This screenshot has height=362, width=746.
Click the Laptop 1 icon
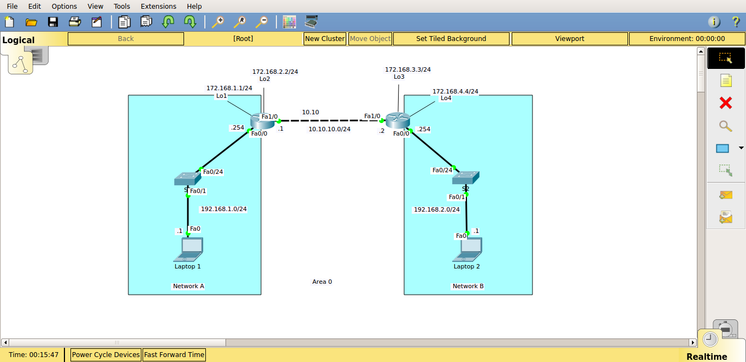[188, 249]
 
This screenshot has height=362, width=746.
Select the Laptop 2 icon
[467, 249]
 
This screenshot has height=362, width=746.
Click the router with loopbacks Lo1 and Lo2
[262, 121]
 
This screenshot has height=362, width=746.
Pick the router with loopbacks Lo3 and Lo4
[398, 120]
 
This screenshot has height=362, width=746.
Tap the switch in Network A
[187, 178]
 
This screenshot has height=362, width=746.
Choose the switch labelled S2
[465, 177]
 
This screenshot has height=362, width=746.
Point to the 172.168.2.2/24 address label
[279, 72]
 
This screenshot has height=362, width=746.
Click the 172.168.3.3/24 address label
[407, 69]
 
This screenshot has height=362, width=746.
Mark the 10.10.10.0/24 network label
[329, 129]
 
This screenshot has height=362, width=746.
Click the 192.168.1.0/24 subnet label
[224, 209]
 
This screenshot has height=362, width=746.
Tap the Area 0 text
[322, 282]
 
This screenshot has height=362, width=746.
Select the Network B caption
[468, 286]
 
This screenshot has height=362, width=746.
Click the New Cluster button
[325, 39]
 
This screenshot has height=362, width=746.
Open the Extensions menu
[158, 7]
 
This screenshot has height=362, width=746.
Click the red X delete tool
[725, 103]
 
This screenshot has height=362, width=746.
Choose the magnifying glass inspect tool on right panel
[725, 126]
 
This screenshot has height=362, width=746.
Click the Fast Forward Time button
[174, 355]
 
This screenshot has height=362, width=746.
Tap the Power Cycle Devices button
[106, 355]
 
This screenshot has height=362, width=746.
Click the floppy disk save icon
[53, 22]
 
